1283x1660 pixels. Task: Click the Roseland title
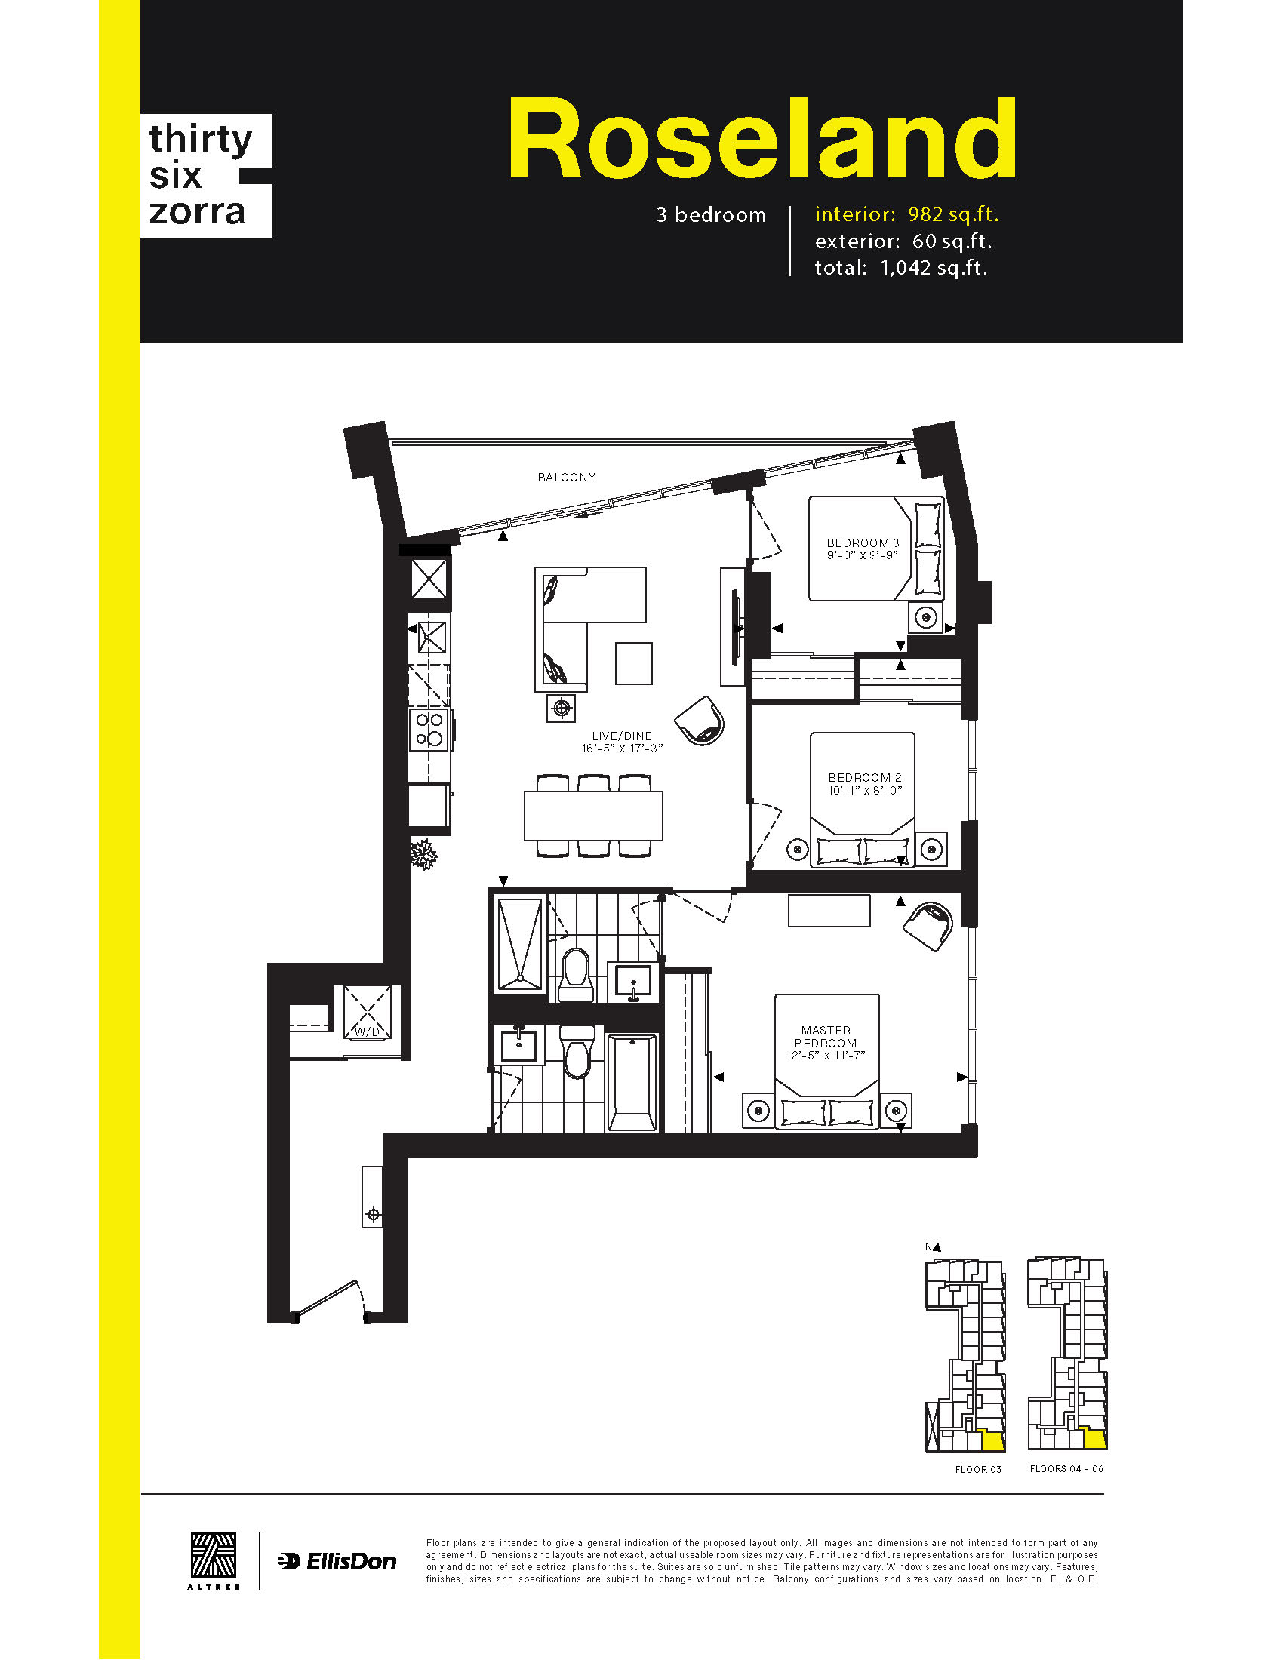[762, 137]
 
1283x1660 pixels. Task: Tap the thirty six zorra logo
[206, 176]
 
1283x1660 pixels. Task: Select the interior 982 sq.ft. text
[906, 214]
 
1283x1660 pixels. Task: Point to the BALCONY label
[566, 478]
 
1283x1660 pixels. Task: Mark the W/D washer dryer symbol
[368, 1012]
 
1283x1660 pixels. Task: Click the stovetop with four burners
[429, 729]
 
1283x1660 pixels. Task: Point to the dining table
[593, 816]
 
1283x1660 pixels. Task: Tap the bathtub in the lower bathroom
[632, 1082]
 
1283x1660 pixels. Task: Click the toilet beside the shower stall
[575, 974]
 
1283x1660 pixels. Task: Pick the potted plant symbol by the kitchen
[423, 854]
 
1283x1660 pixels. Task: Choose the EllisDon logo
[337, 1562]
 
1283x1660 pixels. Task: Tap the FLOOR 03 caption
[978, 1470]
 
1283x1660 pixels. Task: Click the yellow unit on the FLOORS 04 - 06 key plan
[1094, 1439]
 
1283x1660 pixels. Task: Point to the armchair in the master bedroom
[928, 926]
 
